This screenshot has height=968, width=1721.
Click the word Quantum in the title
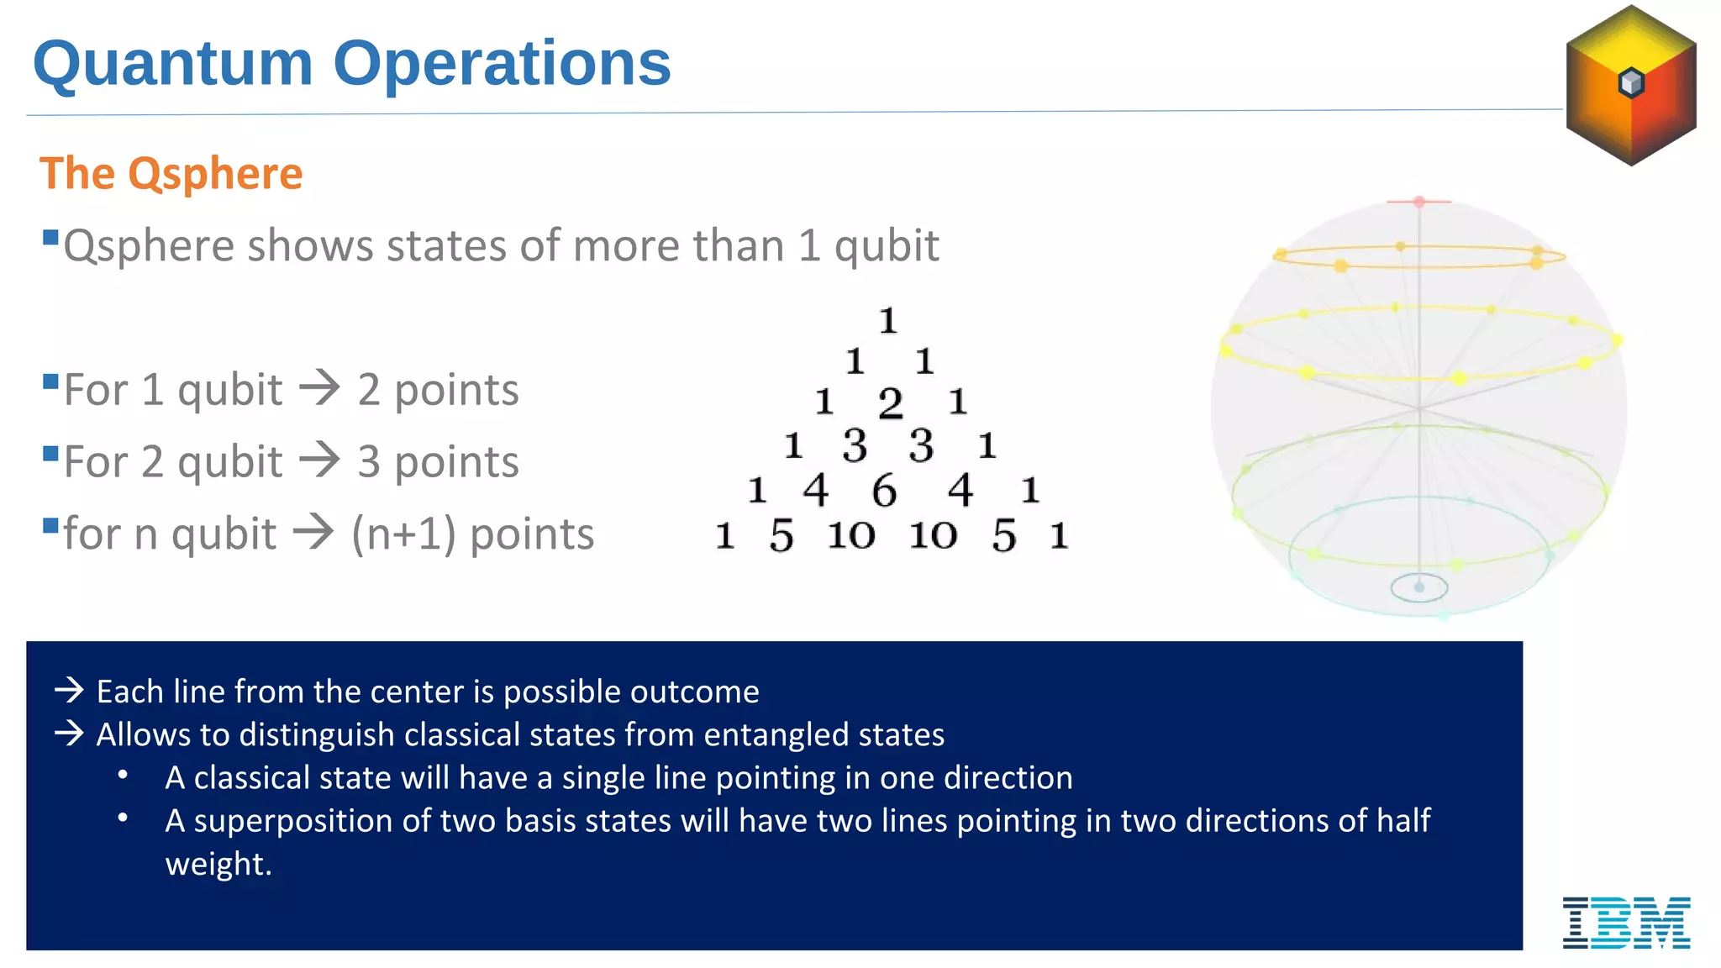click(172, 64)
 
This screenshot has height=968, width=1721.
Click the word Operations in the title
click(502, 64)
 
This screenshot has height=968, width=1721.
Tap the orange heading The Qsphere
click(171, 174)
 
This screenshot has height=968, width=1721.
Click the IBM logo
click(1626, 922)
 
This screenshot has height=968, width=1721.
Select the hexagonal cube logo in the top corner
click(1631, 85)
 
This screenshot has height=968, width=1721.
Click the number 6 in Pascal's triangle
click(884, 491)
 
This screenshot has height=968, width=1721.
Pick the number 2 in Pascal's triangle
click(890, 404)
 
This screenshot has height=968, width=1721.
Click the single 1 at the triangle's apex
click(887, 321)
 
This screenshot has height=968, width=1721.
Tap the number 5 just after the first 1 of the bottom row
click(781, 536)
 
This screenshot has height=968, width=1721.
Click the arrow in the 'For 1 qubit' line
click(320, 388)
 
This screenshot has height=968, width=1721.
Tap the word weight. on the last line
click(218, 864)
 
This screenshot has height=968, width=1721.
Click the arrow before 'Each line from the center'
click(69, 691)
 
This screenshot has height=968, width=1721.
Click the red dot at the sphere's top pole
click(1419, 202)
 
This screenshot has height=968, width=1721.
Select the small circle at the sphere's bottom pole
click(1419, 587)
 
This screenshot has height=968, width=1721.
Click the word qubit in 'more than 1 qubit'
click(886, 246)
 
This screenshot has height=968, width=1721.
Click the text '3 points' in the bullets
click(438, 462)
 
